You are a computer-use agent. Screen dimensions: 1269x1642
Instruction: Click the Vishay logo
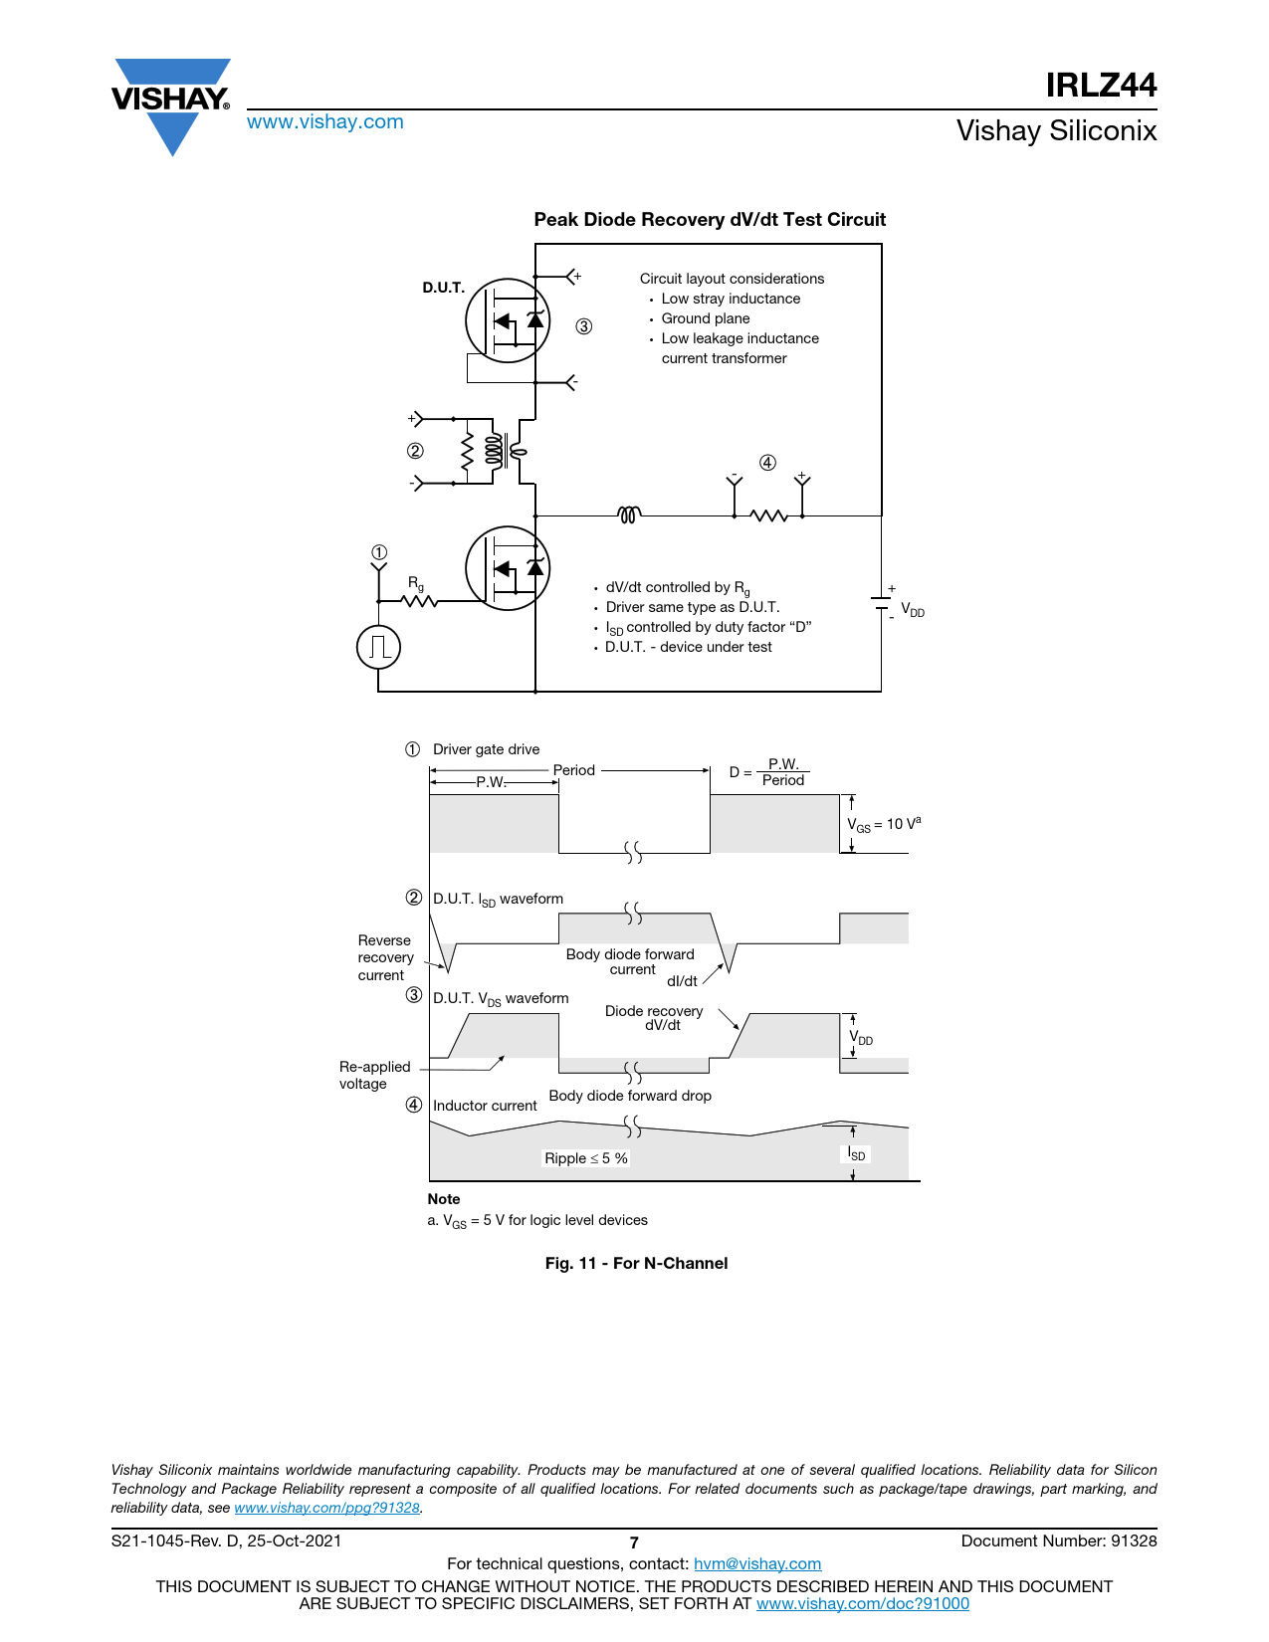coord(171,105)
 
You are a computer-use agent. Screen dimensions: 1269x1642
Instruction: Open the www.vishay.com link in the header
coord(325,121)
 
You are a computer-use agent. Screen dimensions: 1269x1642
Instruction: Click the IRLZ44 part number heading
coord(1101,85)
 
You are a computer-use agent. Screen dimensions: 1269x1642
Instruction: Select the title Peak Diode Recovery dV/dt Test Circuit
coord(710,219)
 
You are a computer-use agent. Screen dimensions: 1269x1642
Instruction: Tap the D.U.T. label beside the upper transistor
coord(443,288)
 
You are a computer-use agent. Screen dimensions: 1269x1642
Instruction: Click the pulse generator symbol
coord(378,647)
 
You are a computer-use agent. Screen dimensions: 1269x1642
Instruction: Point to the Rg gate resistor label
coord(416,583)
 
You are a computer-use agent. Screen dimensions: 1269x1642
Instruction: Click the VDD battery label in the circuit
coord(913,610)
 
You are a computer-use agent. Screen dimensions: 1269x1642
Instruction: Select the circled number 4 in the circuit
coord(767,463)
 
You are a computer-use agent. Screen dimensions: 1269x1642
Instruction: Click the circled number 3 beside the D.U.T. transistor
coord(583,326)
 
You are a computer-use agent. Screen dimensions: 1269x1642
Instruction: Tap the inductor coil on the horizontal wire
coord(629,514)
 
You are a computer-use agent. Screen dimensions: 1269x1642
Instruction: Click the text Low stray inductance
coord(731,299)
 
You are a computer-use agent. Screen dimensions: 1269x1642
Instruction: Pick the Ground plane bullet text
coord(706,318)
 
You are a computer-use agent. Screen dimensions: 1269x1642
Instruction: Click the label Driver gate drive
coord(486,748)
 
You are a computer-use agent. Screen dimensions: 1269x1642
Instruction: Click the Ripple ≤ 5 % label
coord(586,1158)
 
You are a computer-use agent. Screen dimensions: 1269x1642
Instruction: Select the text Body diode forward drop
coord(630,1096)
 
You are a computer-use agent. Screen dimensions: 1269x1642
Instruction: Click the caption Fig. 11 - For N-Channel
coord(636,1264)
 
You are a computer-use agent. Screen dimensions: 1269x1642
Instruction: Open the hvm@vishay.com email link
coord(757,1563)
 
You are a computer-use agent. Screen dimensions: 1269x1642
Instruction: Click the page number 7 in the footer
coord(634,1542)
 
